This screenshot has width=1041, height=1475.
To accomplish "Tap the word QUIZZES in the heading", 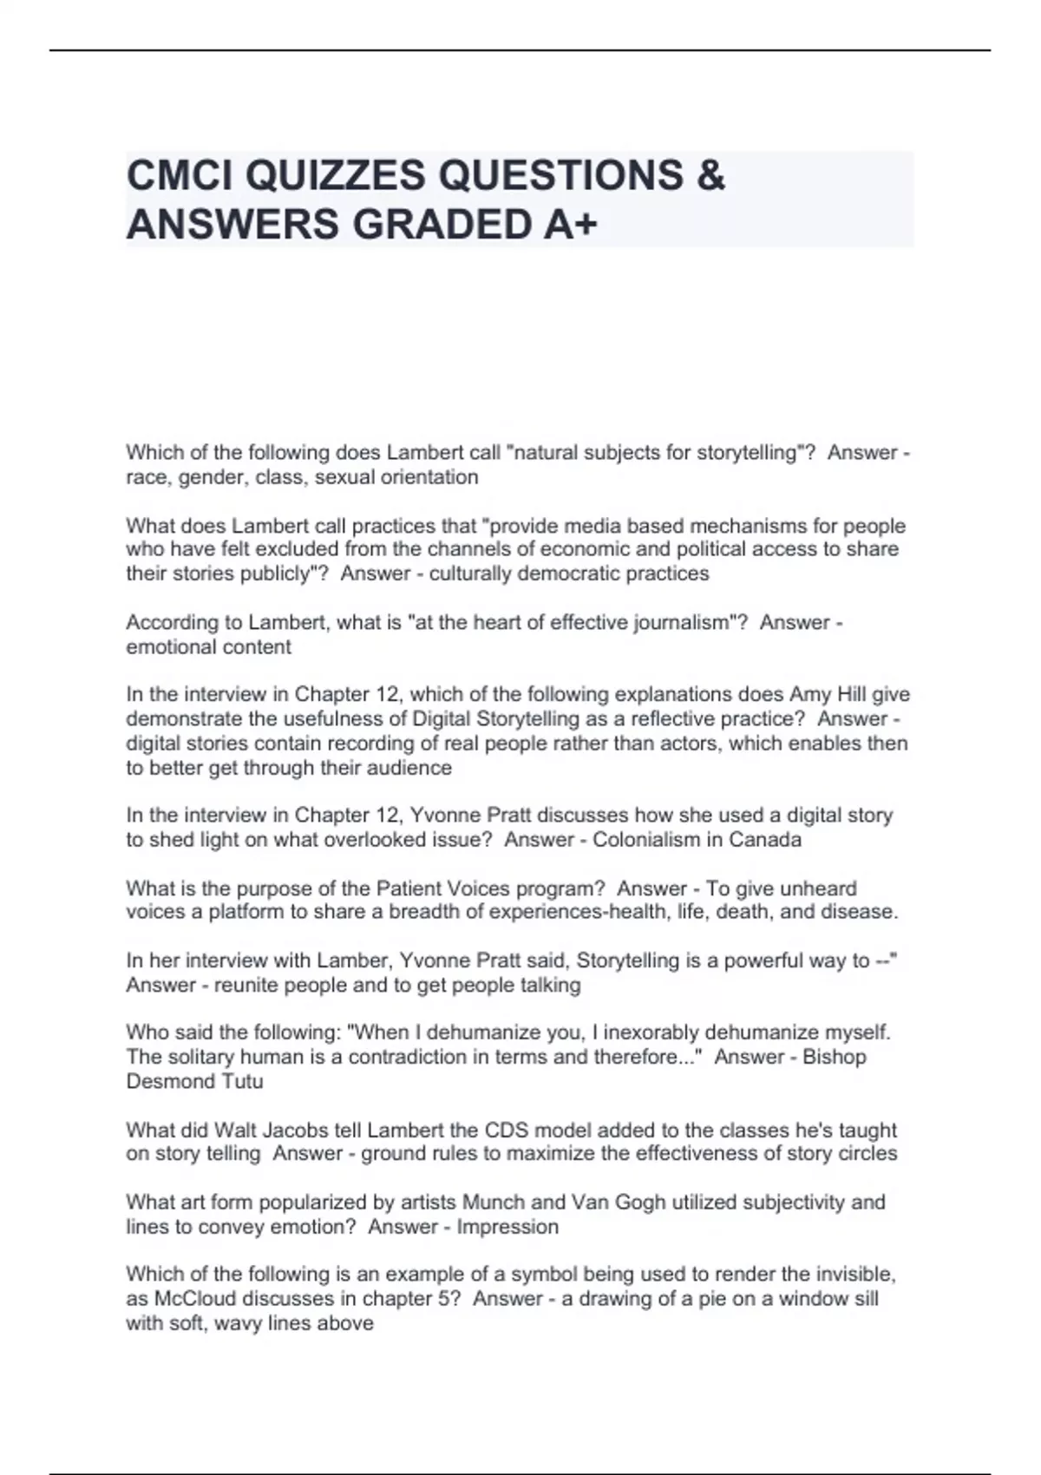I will [336, 175].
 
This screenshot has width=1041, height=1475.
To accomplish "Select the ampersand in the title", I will [710, 175].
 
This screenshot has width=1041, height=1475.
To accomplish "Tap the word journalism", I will [674, 622].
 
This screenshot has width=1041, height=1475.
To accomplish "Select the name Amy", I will [809, 694].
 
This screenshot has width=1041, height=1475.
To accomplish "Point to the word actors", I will [689, 744].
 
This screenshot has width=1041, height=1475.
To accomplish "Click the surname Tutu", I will [242, 1081].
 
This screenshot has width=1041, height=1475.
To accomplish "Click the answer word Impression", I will [507, 1227].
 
